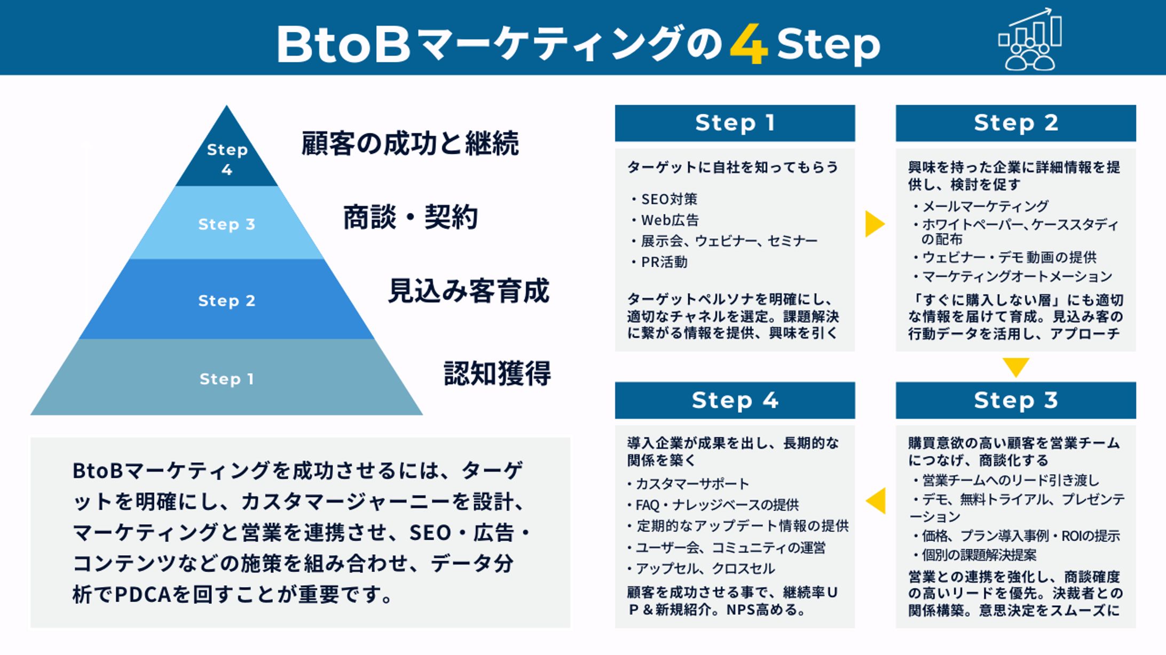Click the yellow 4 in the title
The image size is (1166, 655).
tap(749, 45)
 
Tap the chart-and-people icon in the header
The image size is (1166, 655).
tap(1030, 40)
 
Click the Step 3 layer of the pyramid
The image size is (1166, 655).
tap(226, 224)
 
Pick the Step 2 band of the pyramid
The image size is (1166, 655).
tap(226, 300)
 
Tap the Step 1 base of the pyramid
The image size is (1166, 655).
tap(226, 379)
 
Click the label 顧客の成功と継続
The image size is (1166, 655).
tap(410, 143)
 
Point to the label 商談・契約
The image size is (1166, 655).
tap(410, 217)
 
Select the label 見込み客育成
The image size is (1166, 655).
tap(468, 291)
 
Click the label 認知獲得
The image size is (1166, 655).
tap(497, 373)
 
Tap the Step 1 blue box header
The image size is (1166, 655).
tap(735, 123)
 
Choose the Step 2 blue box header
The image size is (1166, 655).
tap(1015, 123)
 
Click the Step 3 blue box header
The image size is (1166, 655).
tap(1015, 400)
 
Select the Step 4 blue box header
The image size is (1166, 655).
tap(735, 400)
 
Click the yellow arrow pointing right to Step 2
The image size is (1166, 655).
tap(874, 223)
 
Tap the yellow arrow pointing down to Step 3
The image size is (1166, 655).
tap(1015, 366)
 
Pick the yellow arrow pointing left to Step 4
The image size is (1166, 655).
tap(877, 501)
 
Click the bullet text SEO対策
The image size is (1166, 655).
tap(669, 199)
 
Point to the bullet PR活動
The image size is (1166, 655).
tap(664, 262)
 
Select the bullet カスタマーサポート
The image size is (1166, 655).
tap(692, 484)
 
